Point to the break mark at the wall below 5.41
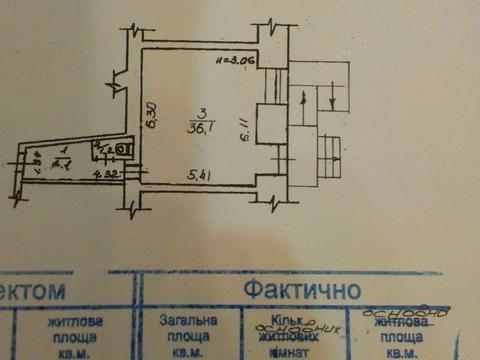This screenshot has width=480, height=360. tap(270, 205)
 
